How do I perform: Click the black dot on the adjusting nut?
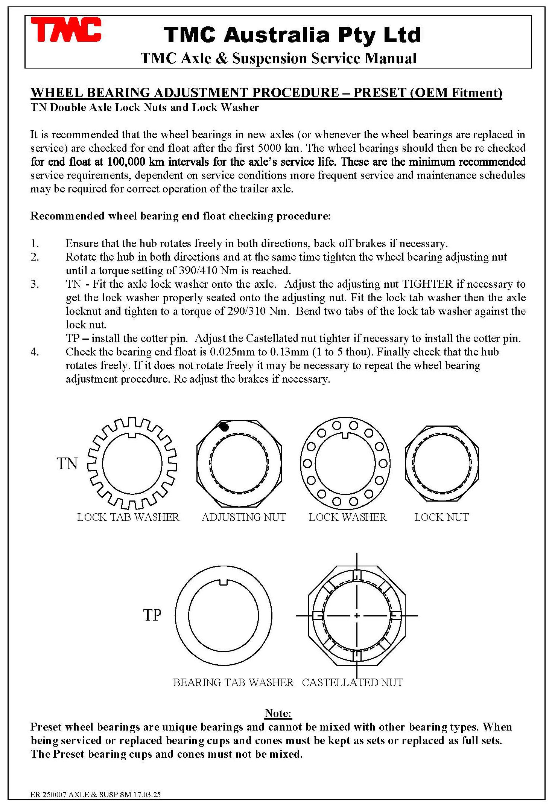pyautogui.click(x=224, y=427)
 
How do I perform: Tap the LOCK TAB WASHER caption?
pyautogui.click(x=128, y=517)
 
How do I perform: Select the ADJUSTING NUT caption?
pyautogui.click(x=244, y=517)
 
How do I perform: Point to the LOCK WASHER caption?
pyautogui.click(x=348, y=517)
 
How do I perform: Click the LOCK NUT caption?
pyautogui.click(x=441, y=517)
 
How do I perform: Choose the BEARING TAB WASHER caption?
pyautogui.click(x=233, y=682)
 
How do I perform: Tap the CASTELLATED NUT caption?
pyautogui.click(x=352, y=682)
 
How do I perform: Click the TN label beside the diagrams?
pyautogui.click(x=67, y=464)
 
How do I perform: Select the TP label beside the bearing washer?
pyautogui.click(x=152, y=615)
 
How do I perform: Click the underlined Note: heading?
pyautogui.click(x=278, y=713)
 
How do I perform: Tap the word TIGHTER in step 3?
pyautogui.click(x=428, y=284)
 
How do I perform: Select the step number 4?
pyautogui.click(x=35, y=352)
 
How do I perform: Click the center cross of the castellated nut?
pyautogui.click(x=357, y=616)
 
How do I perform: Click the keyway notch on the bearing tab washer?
pyautogui.click(x=224, y=582)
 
